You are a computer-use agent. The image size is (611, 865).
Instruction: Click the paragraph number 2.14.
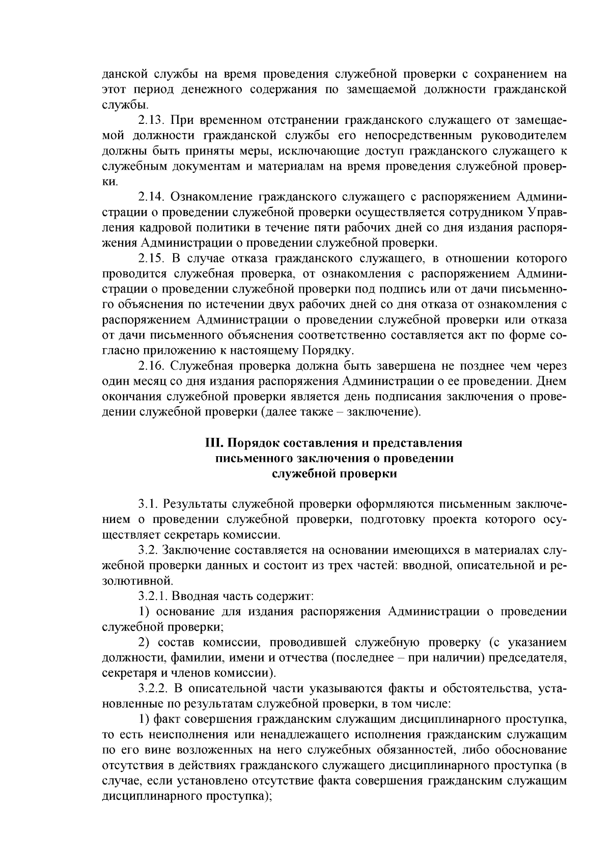pyautogui.click(x=151, y=197)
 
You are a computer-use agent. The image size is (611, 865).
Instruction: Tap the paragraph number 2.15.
pyautogui.click(x=151, y=258)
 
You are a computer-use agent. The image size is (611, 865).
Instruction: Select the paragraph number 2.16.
pyautogui.click(x=151, y=366)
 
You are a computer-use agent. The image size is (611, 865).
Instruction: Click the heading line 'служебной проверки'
pyautogui.click(x=334, y=474)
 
